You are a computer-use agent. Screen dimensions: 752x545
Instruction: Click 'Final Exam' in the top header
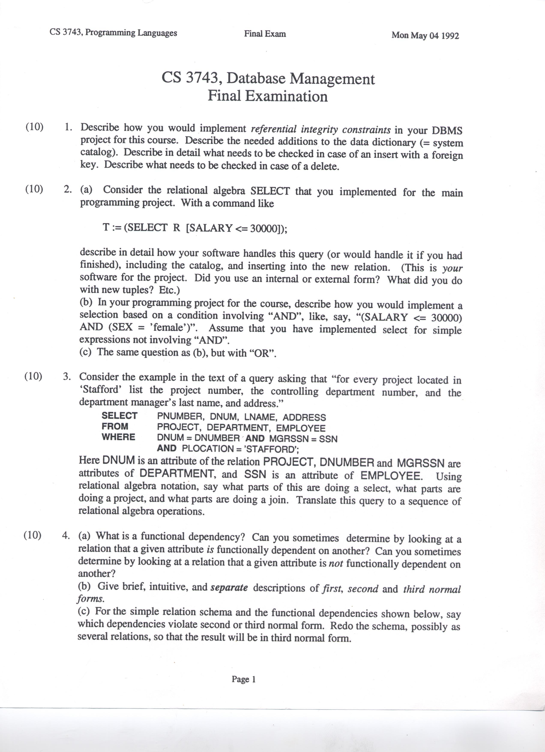[x=265, y=34]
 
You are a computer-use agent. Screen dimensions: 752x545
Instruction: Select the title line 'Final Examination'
[x=268, y=96]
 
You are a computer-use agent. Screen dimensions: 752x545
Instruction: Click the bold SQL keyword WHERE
[x=118, y=437]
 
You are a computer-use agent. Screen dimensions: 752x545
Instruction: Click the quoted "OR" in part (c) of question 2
[x=264, y=353]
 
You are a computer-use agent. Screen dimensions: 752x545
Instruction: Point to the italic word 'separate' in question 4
[x=229, y=588]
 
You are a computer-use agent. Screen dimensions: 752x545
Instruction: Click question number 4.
[x=66, y=536]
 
